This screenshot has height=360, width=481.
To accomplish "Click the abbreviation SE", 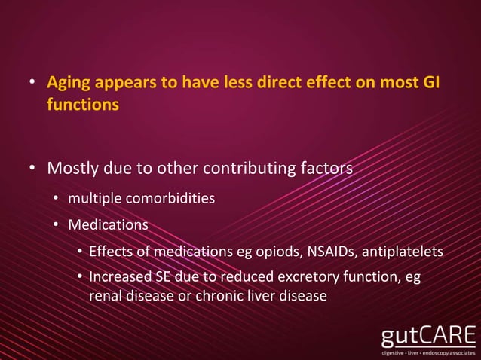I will coord(164,276).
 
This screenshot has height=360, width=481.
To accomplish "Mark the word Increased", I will coord(120,276).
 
